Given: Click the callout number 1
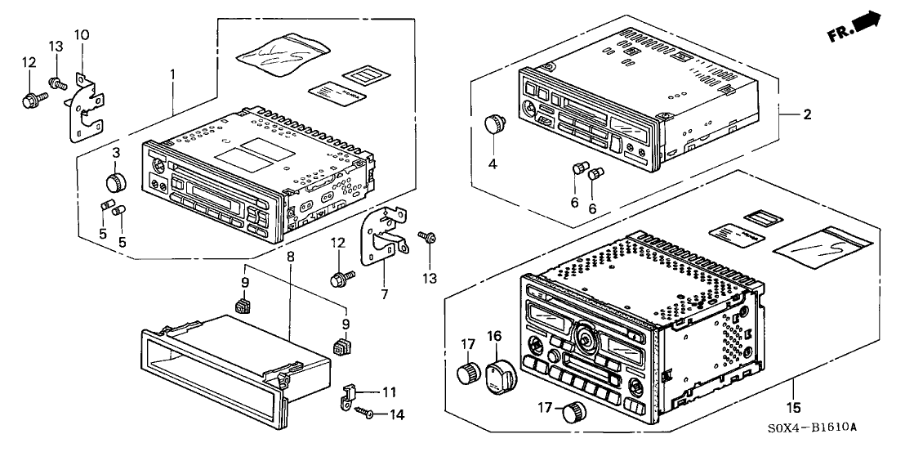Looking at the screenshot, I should [x=172, y=74].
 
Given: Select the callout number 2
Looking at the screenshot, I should [x=807, y=114].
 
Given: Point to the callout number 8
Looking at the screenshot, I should [x=291, y=257].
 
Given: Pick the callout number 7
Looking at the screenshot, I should [x=383, y=293].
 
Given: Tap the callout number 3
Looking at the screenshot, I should [x=117, y=153].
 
